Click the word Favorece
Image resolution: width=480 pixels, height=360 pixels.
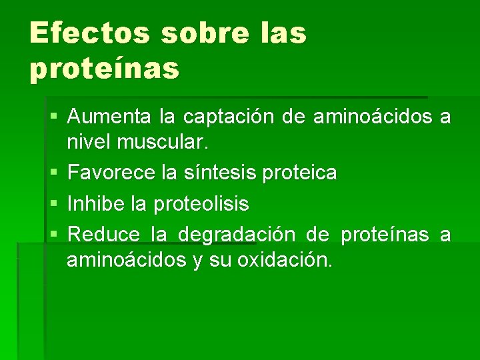coord(112,173)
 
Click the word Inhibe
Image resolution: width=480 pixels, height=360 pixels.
coord(97,203)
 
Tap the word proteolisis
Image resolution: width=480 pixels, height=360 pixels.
coord(201,203)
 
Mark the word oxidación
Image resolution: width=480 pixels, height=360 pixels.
coord(288,259)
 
